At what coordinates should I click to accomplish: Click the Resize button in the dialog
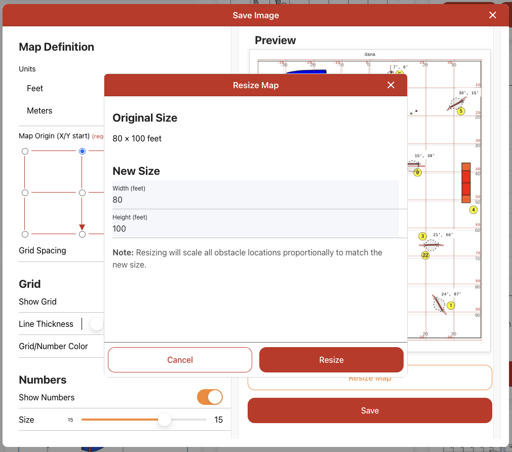tap(331, 360)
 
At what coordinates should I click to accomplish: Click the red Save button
tap(370, 410)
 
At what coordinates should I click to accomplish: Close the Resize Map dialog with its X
tap(390, 85)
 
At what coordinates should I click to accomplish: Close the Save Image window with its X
tap(492, 15)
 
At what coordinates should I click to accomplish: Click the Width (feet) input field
tap(256, 200)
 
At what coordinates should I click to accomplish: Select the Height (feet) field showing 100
tap(256, 229)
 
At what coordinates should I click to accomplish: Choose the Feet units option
tap(35, 88)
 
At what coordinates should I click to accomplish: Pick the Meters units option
tap(40, 110)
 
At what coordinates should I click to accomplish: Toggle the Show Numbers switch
tap(210, 397)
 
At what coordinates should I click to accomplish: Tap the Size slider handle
tap(164, 420)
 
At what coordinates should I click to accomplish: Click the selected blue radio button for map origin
tap(82, 151)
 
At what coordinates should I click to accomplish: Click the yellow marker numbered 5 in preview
tap(460, 111)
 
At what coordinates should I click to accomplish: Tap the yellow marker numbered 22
tap(425, 255)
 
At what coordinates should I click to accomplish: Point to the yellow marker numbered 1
tap(451, 306)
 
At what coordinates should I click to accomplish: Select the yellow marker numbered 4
tap(474, 209)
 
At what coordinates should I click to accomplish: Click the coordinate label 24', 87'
tap(451, 294)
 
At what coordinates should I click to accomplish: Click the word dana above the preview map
tap(370, 54)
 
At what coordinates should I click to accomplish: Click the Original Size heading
tap(145, 118)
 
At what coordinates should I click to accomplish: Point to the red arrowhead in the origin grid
tap(82, 227)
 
